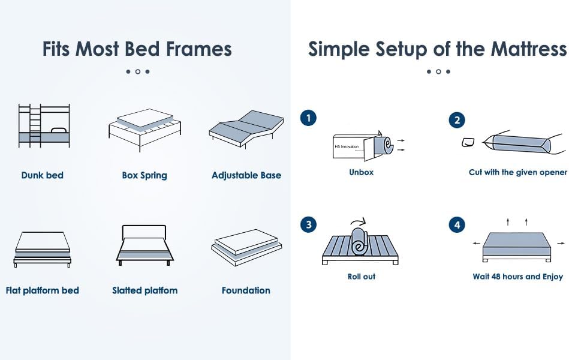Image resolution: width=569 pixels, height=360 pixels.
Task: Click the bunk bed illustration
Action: tap(44, 126)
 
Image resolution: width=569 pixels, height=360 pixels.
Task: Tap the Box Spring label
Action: tap(144, 175)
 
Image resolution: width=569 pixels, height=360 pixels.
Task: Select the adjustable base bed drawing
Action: tap(246, 129)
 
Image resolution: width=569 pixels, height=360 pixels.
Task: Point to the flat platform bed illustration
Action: tap(43, 249)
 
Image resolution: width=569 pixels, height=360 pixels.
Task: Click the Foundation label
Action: tap(246, 290)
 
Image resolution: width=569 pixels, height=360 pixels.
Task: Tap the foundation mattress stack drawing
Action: tap(246, 247)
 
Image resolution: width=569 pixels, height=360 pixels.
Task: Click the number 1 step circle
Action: tap(308, 118)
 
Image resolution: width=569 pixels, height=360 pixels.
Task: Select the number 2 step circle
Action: tap(457, 120)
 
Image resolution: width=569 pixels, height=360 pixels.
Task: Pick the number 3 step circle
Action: tap(308, 224)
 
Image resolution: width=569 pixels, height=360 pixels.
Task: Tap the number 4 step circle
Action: tap(457, 225)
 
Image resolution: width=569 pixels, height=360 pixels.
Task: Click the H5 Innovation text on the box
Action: tap(347, 147)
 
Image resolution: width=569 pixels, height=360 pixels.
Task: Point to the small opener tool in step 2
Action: tap(468, 142)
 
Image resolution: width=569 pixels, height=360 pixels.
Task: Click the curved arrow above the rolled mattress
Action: tap(359, 221)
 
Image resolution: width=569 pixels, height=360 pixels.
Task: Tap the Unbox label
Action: tap(361, 172)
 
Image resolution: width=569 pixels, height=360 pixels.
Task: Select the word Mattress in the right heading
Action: tap(529, 49)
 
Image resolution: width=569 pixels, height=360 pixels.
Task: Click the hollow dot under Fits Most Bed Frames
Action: tap(138, 71)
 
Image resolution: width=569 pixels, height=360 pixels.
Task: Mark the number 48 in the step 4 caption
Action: tap(496, 277)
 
